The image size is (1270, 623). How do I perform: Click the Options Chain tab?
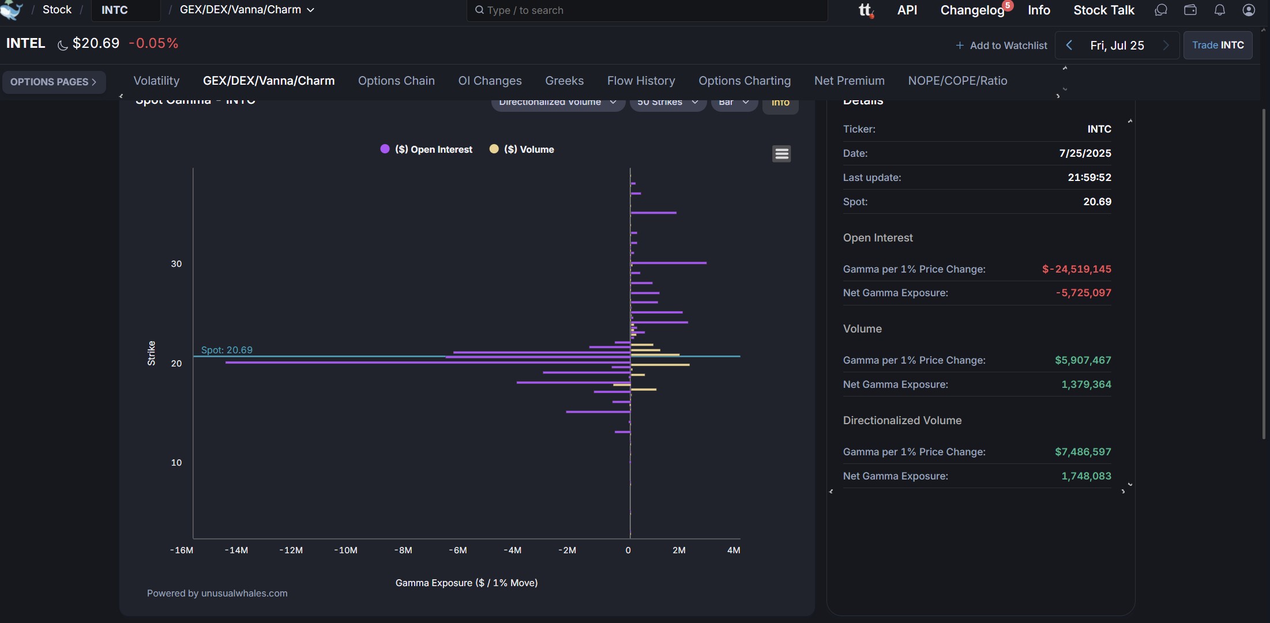[396, 81]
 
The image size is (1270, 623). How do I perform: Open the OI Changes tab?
[490, 81]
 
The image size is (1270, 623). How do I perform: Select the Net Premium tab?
[849, 81]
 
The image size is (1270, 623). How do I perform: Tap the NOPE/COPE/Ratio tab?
[957, 81]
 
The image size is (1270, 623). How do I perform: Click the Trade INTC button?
[1218, 45]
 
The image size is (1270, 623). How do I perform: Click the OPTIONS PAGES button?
[54, 82]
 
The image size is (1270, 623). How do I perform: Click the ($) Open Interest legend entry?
[433, 149]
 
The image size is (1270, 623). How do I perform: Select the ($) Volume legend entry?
[528, 149]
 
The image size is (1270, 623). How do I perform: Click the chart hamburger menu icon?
[781, 154]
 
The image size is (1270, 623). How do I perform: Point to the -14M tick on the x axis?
[236, 550]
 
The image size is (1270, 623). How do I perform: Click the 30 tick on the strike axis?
[176, 264]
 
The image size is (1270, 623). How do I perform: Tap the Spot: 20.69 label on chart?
[227, 350]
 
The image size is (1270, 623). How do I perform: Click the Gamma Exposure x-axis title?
[466, 583]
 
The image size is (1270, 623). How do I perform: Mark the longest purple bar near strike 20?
[427, 363]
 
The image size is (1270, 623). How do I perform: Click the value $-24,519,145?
[1076, 269]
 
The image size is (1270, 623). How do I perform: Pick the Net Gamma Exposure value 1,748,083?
[1086, 476]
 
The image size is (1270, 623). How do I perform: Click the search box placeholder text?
[525, 10]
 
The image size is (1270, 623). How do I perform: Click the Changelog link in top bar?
[972, 10]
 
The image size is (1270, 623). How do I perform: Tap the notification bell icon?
[1219, 10]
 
